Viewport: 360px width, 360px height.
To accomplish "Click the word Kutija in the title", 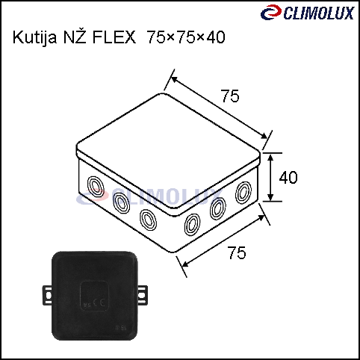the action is (x=35, y=37).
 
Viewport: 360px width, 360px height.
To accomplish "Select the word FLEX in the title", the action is (x=114, y=37).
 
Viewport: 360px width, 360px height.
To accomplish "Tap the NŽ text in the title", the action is (x=75, y=37).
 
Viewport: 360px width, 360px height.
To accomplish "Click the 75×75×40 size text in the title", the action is (x=187, y=37).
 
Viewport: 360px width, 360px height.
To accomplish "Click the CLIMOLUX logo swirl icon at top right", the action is (x=271, y=12).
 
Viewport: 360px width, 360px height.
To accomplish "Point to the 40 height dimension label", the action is (x=288, y=178).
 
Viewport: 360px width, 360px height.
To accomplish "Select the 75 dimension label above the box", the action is (x=230, y=96).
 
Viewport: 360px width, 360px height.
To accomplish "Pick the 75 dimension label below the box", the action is (x=237, y=252).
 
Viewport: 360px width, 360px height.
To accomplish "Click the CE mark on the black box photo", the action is (x=99, y=302).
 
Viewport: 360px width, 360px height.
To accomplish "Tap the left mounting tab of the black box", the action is (x=48, y=295).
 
